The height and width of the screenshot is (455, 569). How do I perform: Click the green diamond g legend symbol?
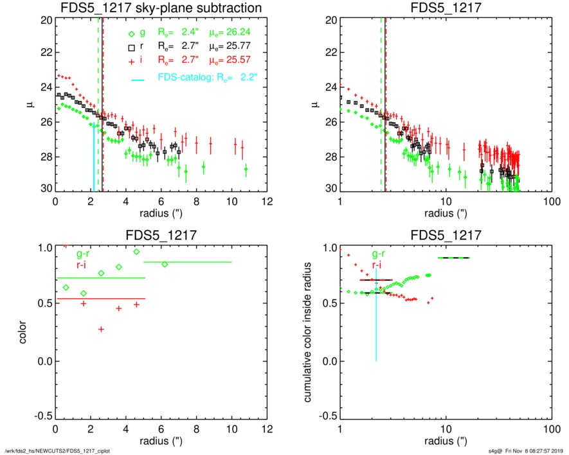[132, 35]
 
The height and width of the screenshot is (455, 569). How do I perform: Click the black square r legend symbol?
[132, 47]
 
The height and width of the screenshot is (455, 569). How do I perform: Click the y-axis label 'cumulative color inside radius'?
[309, 333]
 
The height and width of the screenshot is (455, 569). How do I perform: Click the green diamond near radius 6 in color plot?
[165, 265]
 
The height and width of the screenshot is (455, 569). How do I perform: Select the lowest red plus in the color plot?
[101, 329]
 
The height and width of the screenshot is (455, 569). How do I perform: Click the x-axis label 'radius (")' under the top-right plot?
[444, 213]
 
